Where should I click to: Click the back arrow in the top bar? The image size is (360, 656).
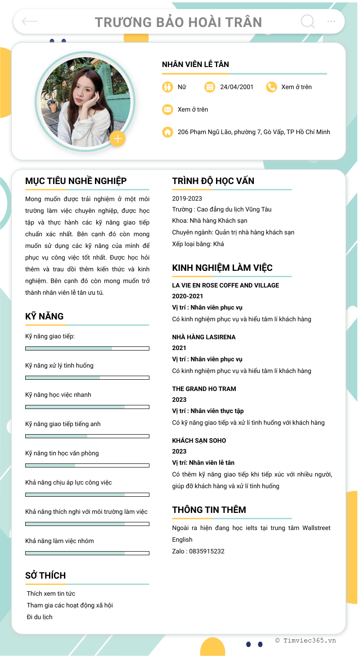pyautogui.click(x=30, y=21)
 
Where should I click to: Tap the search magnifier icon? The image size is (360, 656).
pyautogui.click(x=308, y=21)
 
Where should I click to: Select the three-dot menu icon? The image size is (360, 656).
pyautogui.click(x=332, y=21)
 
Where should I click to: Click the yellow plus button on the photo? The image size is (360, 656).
pyautogui.click(x=117, y=139)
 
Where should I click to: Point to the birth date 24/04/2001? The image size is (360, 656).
pyautogui.click(x=237, y=87)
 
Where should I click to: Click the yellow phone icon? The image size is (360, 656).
pyautogui.click(x=271, y=87)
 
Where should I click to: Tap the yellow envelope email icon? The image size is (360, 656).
pyautogui.click(x=167, y=109)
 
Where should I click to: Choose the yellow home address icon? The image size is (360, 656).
pyautogui.click(x=167, y=132)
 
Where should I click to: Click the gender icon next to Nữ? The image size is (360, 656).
pyautogui.click(x=167, y=87)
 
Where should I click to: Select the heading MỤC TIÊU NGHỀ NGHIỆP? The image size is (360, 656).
pyautogui.click(x=76, y=181)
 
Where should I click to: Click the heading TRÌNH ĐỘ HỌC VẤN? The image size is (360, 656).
pyautogui.click(x=213, y=181)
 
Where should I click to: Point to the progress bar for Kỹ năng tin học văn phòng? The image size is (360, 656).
pyautogui.click(x=87, y=465)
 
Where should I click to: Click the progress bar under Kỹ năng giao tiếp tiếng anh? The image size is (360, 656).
pyautogui.click(x=87, y=436)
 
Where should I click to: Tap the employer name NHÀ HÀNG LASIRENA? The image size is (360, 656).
pyautogui.click(x=204, y=337)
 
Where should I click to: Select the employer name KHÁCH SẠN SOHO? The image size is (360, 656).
pyautogui.click(x=199, y=440)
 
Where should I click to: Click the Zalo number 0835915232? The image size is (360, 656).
pyautogui.click(x=207, y=551)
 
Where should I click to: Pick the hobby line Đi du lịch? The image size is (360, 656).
pyautogui.click(x=40, y=617)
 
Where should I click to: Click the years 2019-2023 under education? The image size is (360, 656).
pyautogui.click(x=187, y=198)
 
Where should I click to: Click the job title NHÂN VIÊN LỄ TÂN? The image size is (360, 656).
pyautogui.click(x=195, y=64)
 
